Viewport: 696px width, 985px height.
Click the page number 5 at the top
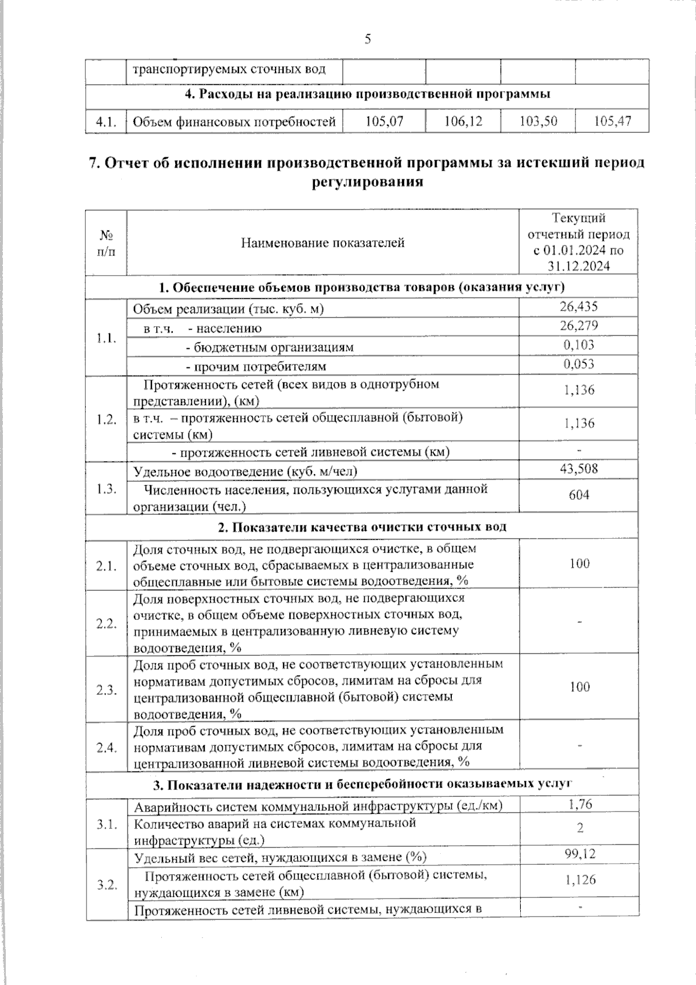click(x=368, y=39)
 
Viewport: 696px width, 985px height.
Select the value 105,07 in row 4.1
click(x=384, y=121)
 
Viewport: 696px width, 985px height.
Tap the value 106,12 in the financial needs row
click(x=463, y=121)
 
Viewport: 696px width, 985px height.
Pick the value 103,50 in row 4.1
click(x=539, y=121)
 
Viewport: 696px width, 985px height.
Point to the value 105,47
click(x=612, y=121)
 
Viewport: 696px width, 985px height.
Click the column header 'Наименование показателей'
click(x=322, y=243)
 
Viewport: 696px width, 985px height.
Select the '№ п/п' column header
click(x=106, y=243)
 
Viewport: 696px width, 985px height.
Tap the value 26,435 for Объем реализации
click(x=579, y=306)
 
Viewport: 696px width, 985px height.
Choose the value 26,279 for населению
click(x=579, y=326)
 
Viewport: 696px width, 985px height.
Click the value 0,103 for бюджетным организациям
click(x=579, y=345)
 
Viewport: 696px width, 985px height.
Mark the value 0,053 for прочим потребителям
click(x=579, y=364)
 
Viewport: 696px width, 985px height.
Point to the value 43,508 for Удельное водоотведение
click(x=579, y=468)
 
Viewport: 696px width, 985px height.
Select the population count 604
click(x=579, y=495)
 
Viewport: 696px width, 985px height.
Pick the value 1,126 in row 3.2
click(x=580, y=880)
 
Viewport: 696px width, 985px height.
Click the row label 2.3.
click(x=107, y=690)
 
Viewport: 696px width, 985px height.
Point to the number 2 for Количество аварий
click(x=580, y=828)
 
